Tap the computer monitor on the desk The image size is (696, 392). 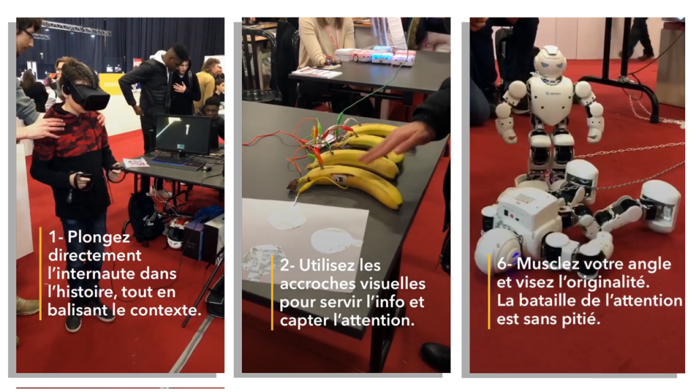coord(184,135)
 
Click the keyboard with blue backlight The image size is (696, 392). coord(177,162)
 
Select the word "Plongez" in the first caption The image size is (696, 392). coord(99,237)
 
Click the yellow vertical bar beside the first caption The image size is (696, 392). coord(40,274)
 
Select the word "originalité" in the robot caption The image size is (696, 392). coord(608,282)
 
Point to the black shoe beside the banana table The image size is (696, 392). coord(435,355)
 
